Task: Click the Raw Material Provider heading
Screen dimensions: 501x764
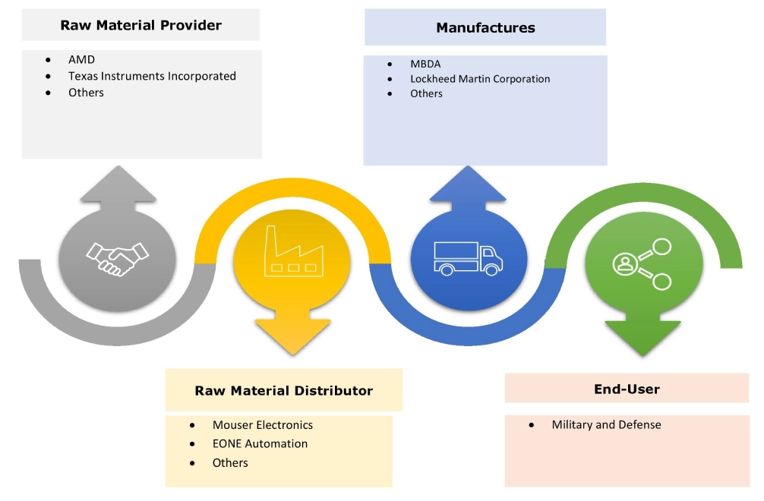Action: coord(140,25)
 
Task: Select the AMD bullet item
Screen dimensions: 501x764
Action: coord(81,59)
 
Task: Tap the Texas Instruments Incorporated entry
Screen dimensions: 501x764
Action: coord(152,76)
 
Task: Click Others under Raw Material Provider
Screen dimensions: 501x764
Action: coord(86,93)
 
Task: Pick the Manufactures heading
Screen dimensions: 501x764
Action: coord(485,28)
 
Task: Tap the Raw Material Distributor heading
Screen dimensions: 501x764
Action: coord(283,391)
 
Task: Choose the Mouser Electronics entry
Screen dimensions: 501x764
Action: coord(262,425)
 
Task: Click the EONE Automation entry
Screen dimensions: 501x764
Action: coord(260,443)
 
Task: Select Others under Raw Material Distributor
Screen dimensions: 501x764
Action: coord(230,462)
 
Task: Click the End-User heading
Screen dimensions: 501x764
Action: coord(627,389)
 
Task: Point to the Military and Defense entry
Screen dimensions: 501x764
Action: coord(606,425)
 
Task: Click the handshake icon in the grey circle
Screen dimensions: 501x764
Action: coord(117,259)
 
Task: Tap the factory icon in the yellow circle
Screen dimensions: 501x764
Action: coord(292,250)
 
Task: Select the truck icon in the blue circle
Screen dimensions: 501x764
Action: coord(468,258)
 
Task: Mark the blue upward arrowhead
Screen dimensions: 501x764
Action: coord(468,185)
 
